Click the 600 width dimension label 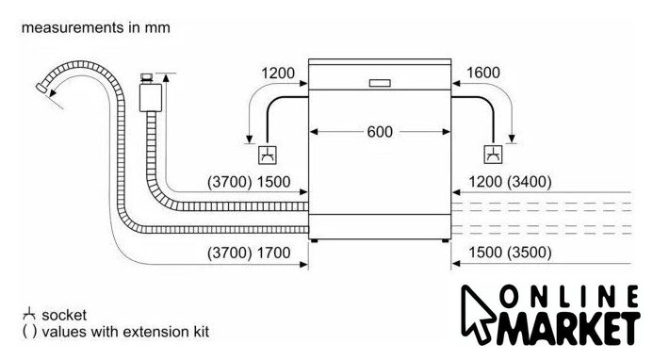[x=380, y=132]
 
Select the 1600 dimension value [x=483, y=73]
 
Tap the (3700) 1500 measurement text [x=249, y=182]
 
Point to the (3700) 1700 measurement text [x=249, y=253]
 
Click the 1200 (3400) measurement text [x=510, y=182]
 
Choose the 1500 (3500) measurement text [x=510, y=253]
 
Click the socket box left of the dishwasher [x=268, y=155]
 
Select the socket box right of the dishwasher [x=493, y=155]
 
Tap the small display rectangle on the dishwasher [x=380, y=83]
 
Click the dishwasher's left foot [x=315, y=241]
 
